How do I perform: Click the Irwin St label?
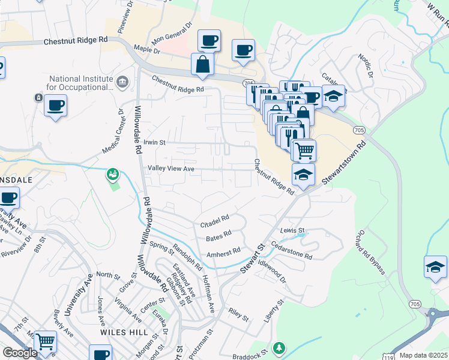154,143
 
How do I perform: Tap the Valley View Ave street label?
171,169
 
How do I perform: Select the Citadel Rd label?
214,221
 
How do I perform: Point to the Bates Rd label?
218,236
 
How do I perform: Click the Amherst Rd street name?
223,254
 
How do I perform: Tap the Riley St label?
238,314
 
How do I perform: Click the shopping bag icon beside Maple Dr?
203,64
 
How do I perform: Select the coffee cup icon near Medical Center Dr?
55,106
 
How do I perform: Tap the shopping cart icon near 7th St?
46,341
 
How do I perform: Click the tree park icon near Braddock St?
279,347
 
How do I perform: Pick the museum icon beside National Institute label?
122,81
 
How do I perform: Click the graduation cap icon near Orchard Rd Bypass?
435,266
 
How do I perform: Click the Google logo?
20,353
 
